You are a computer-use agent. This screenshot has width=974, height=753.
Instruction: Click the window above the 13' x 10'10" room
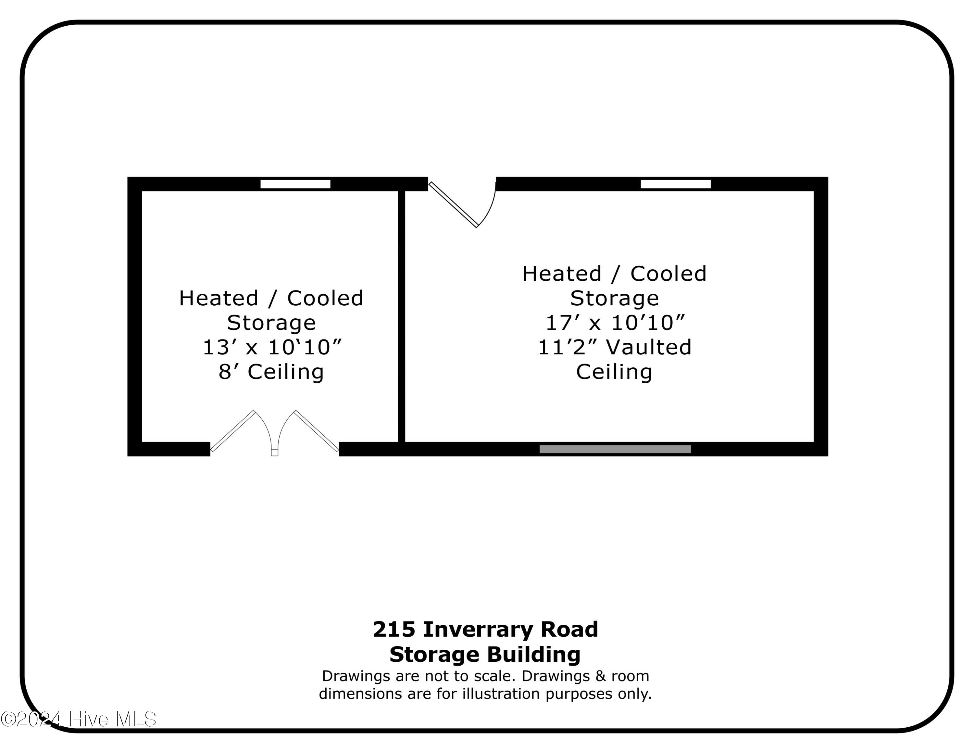(x=295, y=184)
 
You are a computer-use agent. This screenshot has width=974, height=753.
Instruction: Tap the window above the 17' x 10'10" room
(x=676, y=184)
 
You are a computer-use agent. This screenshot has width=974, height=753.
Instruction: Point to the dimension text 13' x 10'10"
(x=272, y=347)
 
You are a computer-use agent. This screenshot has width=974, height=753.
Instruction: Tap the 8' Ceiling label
(x=271, y=372)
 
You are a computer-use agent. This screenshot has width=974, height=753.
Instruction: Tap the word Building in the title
(x=533, y=655)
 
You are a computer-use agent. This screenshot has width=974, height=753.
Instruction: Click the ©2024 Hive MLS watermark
(x=79, y=719)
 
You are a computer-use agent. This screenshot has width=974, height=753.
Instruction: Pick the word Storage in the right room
(x=615, y=298)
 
